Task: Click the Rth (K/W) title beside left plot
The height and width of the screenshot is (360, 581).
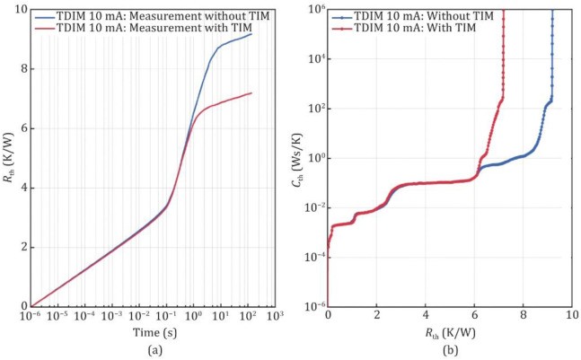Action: click(9, 158)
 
